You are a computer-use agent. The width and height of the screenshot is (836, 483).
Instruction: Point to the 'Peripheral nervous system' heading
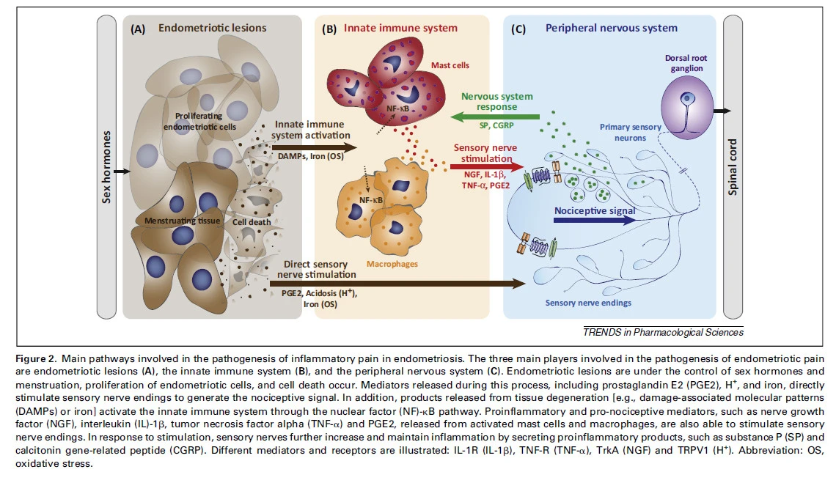[x=612, y=29]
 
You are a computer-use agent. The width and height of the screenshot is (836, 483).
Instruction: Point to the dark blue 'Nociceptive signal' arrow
[x=594, y=218]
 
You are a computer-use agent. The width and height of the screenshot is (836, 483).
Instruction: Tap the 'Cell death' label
[x=252, y=222]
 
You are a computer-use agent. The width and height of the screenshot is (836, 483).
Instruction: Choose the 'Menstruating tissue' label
[x=178, y=219]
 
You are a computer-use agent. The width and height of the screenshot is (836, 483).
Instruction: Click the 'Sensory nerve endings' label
[x=588, y=302]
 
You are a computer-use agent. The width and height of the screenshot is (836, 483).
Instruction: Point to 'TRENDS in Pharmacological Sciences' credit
[x=663, y=332]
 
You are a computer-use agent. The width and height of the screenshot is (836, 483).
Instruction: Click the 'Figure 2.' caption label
[x=36, y=359]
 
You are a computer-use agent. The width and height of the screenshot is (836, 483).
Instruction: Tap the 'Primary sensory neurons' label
[x=631, y=132]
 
